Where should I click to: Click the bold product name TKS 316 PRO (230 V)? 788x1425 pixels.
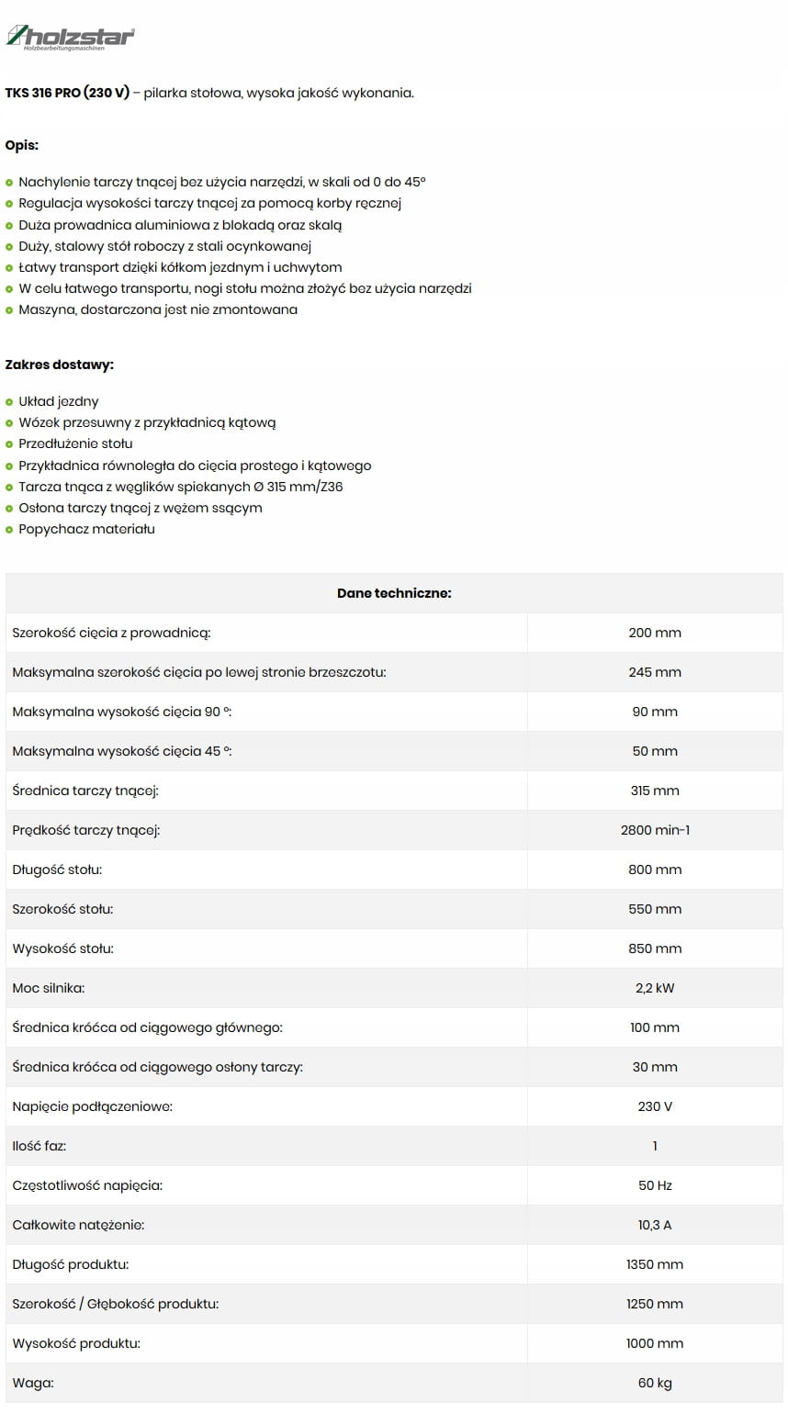pos(67,93)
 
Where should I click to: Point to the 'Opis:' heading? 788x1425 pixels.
pos(22,145)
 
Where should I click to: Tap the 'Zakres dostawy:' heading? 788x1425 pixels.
pos(60,365)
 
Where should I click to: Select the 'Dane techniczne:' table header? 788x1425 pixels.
pos(394,593)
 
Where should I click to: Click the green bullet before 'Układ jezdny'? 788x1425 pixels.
pos(9,402)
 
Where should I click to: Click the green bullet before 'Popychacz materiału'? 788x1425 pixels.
pos(9,530)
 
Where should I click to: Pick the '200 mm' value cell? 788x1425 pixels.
pos(655,633)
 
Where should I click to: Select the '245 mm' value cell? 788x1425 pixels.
pos(655,672)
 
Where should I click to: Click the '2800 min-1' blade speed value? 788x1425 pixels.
pos(655,830)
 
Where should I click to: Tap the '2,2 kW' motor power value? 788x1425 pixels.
pos(655,988)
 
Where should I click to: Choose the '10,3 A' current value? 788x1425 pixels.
pos(655,1225)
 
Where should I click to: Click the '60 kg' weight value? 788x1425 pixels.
pos(655,1383)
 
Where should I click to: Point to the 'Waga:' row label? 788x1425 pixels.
pos(33,1383)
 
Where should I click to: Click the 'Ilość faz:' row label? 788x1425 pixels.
pos(39,1146)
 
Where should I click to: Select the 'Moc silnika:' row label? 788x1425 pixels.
pos(49,988)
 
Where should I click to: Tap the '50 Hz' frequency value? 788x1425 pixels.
pos(655,1185)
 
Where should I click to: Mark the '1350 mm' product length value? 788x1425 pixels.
pos(655,1264)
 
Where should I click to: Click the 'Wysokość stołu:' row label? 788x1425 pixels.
pos(63,948)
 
